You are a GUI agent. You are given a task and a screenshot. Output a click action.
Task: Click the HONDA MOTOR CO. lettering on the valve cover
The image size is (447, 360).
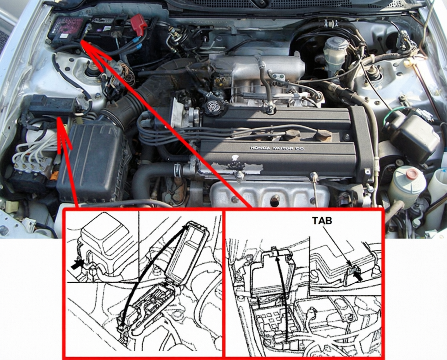[278, 148]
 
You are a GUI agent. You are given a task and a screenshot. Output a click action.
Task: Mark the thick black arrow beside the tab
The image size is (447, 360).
[358, 277]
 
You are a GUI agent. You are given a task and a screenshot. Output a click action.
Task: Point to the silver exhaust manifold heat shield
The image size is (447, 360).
[268, 194]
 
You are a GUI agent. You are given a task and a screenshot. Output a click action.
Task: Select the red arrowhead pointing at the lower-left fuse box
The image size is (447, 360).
[61, 128]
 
